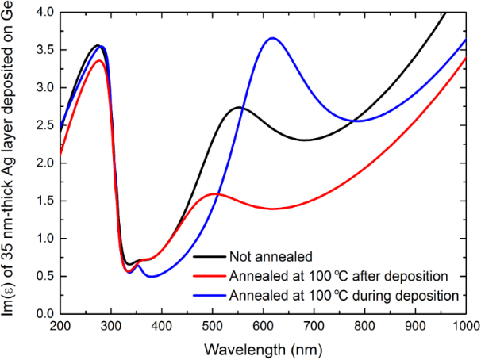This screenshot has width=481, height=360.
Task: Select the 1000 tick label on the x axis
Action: click(464, 326)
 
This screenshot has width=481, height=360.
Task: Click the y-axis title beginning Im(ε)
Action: click(10, 163)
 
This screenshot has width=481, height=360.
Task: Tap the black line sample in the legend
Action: click(208, 257)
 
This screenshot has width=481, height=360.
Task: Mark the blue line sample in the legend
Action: click(208, 294)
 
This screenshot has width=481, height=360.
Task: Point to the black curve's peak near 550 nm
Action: click(239, 107)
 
